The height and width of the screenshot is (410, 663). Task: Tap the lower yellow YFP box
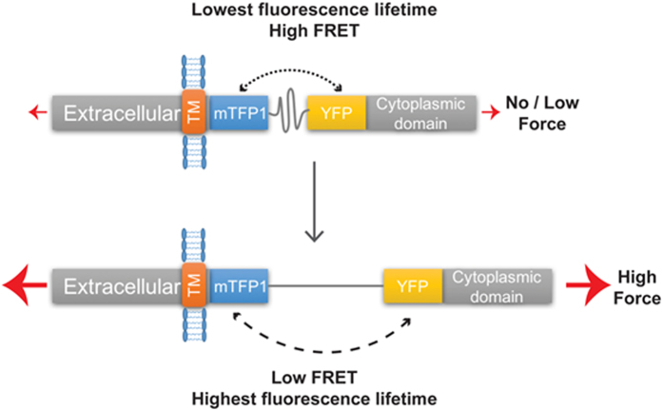pyautogui.click(x=409, y=283)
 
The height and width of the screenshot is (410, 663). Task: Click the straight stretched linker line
pyautogui.click(x=319, y=283)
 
